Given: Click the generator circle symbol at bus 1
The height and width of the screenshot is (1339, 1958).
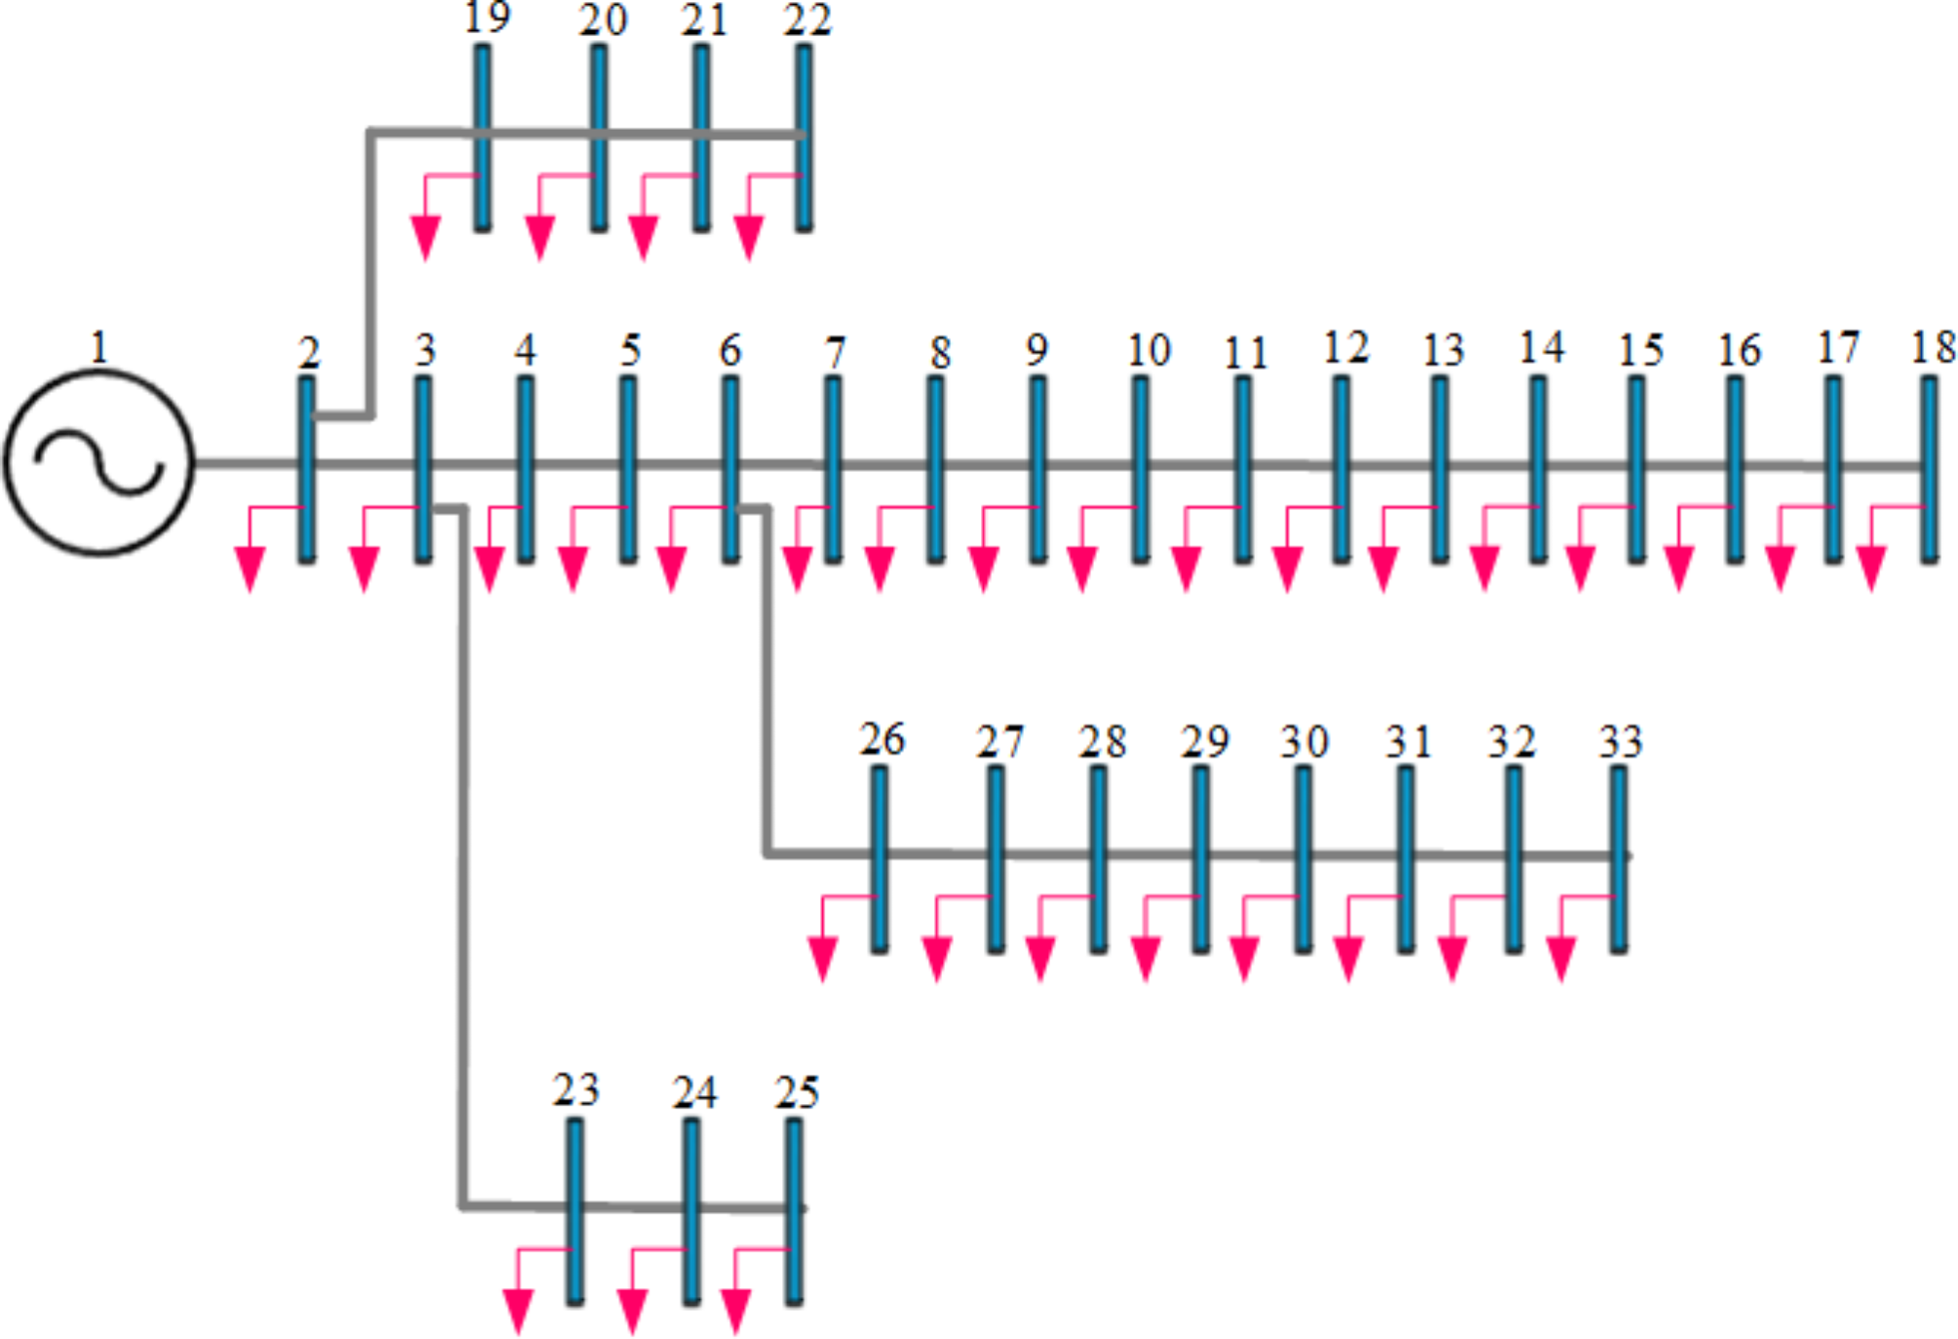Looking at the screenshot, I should (x=99, y=462).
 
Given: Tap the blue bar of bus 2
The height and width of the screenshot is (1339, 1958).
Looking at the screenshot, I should (x=306, y=469).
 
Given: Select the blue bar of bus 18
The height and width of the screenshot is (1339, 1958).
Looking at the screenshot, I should (x=1929, y=469).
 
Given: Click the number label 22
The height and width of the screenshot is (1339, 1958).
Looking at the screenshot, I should (x=806, y=20).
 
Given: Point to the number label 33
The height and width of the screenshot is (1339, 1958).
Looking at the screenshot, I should (x=1620, y=742).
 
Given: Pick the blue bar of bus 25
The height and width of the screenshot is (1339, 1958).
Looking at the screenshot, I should (x=795, y=1210).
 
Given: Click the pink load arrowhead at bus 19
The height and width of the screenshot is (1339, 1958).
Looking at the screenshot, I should (x=425, y=238).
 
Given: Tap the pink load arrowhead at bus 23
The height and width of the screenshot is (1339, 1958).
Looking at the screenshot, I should (x=518, y=1310).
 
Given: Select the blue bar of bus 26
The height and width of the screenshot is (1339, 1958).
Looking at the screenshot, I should (x=879, y=858).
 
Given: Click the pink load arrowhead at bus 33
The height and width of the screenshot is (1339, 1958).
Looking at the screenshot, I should (x=1561, y=959).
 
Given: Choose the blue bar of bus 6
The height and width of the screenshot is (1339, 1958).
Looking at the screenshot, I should (x=730, y=469).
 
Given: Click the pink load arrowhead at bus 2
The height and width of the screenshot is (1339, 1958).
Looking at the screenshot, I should (x=251, y=570).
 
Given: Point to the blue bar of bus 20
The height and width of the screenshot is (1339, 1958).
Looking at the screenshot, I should (x=599, y=138).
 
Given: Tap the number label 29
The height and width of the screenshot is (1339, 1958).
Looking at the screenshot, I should (x=1204, y=742).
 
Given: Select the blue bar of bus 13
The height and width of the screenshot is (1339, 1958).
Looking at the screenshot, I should (x=1439, y=469).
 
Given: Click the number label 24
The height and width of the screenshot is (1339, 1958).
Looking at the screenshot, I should (x=694, y=1093).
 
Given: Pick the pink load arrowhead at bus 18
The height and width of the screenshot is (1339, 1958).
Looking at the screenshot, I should (x=1870, y=570).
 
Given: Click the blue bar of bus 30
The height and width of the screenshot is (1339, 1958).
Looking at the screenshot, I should (x=1304, y=858).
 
